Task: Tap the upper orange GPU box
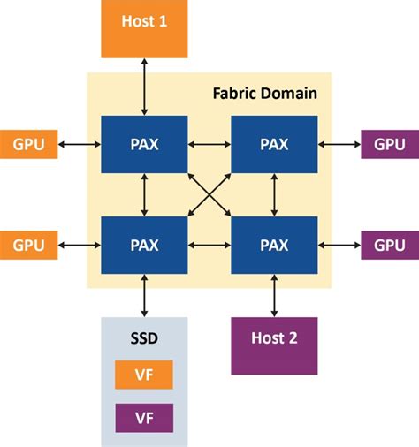(x=29, y=144)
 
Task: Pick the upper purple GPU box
(x=389, y=144)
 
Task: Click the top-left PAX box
(x=144, y=144)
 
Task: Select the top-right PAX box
(x=274, y=144)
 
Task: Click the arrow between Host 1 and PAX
(x=144, y=87)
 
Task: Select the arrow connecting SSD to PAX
(x=144, y=294)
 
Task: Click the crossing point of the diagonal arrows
(x=209, y=193)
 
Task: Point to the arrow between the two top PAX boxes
(x=209, y=144)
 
